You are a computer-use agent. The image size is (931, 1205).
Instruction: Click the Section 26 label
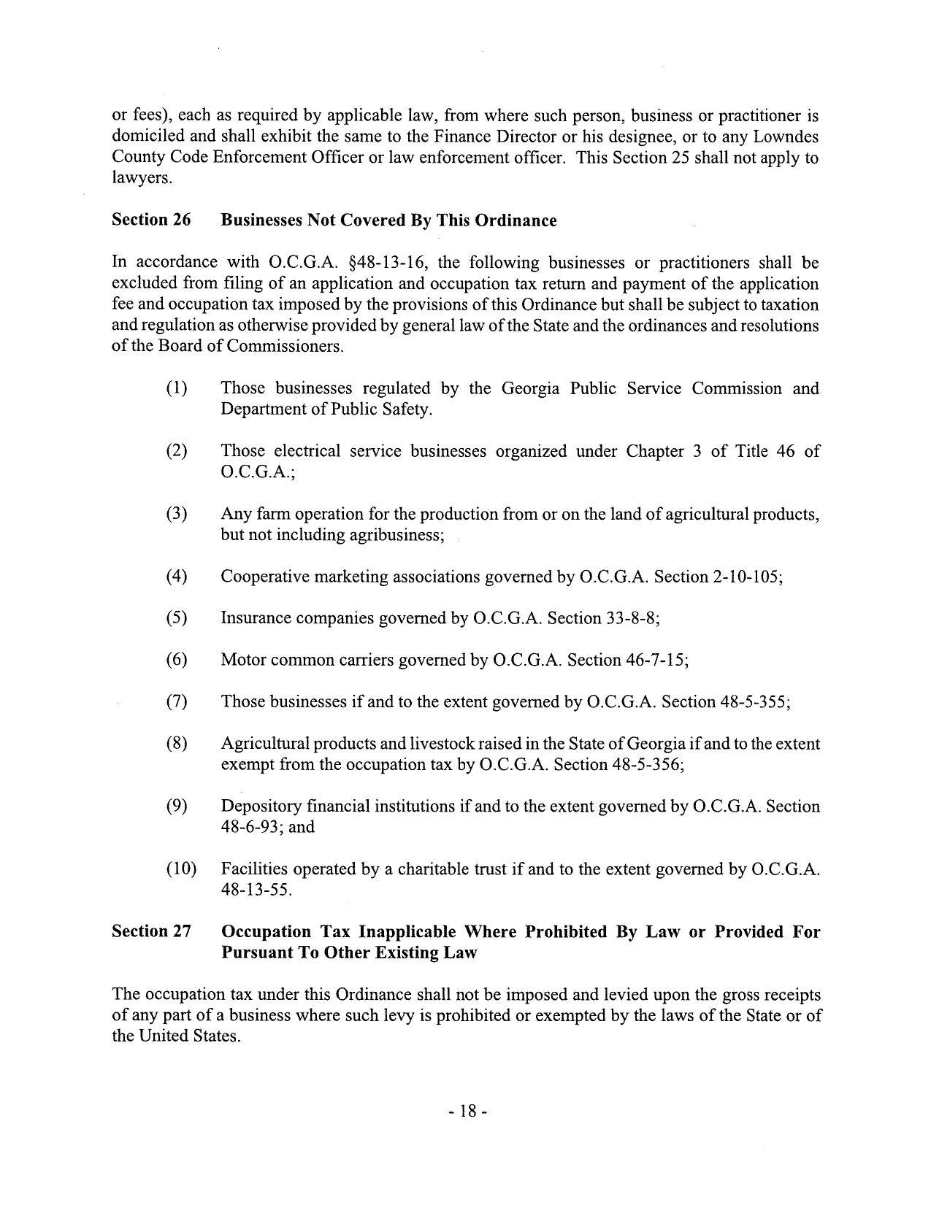tap(151, 220)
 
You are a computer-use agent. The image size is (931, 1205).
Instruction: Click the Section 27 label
tap(151, 931)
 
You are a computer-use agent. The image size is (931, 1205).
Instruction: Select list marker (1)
tap(176, 388)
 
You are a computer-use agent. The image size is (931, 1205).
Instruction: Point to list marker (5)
tap(176, 618)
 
